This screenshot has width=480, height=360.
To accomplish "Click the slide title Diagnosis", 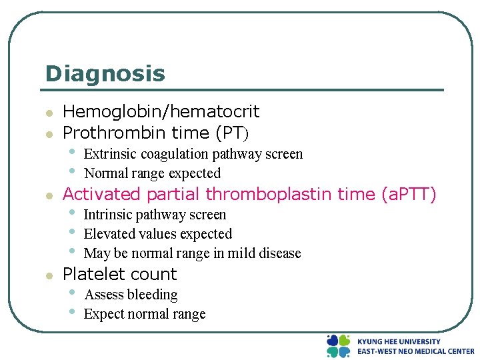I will pyautogui.click(x=105, y=73).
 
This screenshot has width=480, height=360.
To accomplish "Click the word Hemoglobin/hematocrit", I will pyautogui.click(x=161, y=111).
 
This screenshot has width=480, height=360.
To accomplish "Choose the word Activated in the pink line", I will pyautogui.click(x=101, y=194).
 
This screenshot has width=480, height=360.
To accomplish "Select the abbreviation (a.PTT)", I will pyautogui.click(x=409, y=194).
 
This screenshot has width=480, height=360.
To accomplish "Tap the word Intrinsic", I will pyautogui.click(x=109, y=215).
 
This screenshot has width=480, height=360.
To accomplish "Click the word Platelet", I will pyautogui.click(x=92, y=274).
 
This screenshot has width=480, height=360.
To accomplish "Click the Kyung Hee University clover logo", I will pyautogui.click(x=338, y=346).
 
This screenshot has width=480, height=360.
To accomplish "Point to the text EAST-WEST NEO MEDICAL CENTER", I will pyautogui.click(x=415, y=351).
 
